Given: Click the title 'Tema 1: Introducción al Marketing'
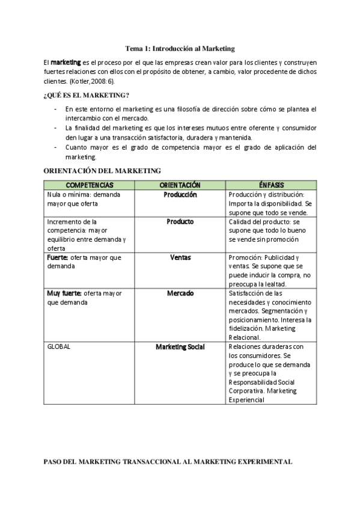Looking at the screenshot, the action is [x=180, y=48].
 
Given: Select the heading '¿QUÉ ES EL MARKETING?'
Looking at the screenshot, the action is [x=86, y=95].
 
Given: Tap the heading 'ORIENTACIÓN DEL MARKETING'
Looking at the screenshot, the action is [x=103, y=171].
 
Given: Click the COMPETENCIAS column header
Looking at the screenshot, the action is [x=89, y=185].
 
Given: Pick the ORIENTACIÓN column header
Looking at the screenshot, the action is [x=180, y=185].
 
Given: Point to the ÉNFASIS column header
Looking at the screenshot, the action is [x=272, y=185].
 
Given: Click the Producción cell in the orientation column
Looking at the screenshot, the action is [x=180, y=195].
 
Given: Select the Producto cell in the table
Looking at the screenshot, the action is [x=180, y=221].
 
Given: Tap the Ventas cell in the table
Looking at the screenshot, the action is [x=180, y=257].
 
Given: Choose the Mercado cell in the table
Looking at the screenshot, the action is [x=180, y=293].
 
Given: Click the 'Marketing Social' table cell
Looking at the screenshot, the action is [x=180, y=347].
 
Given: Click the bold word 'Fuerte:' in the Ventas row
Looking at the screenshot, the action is [x=58, y=257].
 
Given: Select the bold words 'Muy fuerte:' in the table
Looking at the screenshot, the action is [x=64, y=293].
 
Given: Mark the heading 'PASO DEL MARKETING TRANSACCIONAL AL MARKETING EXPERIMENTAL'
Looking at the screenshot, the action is [x=168, y=462].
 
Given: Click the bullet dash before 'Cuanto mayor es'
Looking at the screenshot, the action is [x=56, y=147].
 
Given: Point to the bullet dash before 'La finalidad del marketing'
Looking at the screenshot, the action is [x=56, y=127].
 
